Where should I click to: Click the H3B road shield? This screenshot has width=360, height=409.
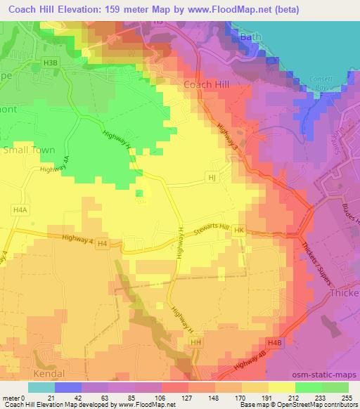[50, 63]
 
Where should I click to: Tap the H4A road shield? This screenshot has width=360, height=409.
[19, 209]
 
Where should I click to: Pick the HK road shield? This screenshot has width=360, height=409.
[239, 230]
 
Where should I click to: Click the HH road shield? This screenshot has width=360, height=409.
[196, 342]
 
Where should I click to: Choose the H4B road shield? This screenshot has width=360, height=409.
[274, 342]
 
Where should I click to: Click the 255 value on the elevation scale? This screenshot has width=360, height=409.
[346, 398]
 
